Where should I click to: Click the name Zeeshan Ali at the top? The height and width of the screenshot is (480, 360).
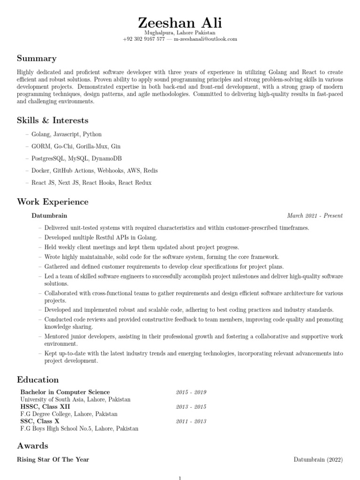click(x=180, y=22)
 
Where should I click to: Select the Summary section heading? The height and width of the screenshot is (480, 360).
click(x=37, y=59)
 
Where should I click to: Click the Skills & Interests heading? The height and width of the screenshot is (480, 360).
click(x=52, y=120)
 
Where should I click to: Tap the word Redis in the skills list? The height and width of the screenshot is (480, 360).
click(x=151, y=171)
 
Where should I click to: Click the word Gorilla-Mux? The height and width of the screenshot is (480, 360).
click(x=92, y=146)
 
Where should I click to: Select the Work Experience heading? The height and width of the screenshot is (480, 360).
click(x=52, y=202)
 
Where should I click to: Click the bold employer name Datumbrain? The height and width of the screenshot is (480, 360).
click(x=49, y=216)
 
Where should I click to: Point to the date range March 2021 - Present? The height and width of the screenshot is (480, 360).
click(x=315, y=216)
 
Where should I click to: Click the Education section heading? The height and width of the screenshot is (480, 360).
click(x=38, y=380)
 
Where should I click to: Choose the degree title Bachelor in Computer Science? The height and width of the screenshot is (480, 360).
click(x=65, y=392)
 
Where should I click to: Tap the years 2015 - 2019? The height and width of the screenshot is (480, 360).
click(x=191, y=392)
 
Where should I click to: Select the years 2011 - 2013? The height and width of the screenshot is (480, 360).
click(x=191, y=421)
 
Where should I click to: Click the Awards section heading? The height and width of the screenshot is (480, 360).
click(x=32, y=445)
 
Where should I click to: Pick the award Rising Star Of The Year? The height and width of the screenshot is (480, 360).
click(x=53, y=459)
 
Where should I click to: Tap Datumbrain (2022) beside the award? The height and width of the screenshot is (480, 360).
click(x=318, y=459)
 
